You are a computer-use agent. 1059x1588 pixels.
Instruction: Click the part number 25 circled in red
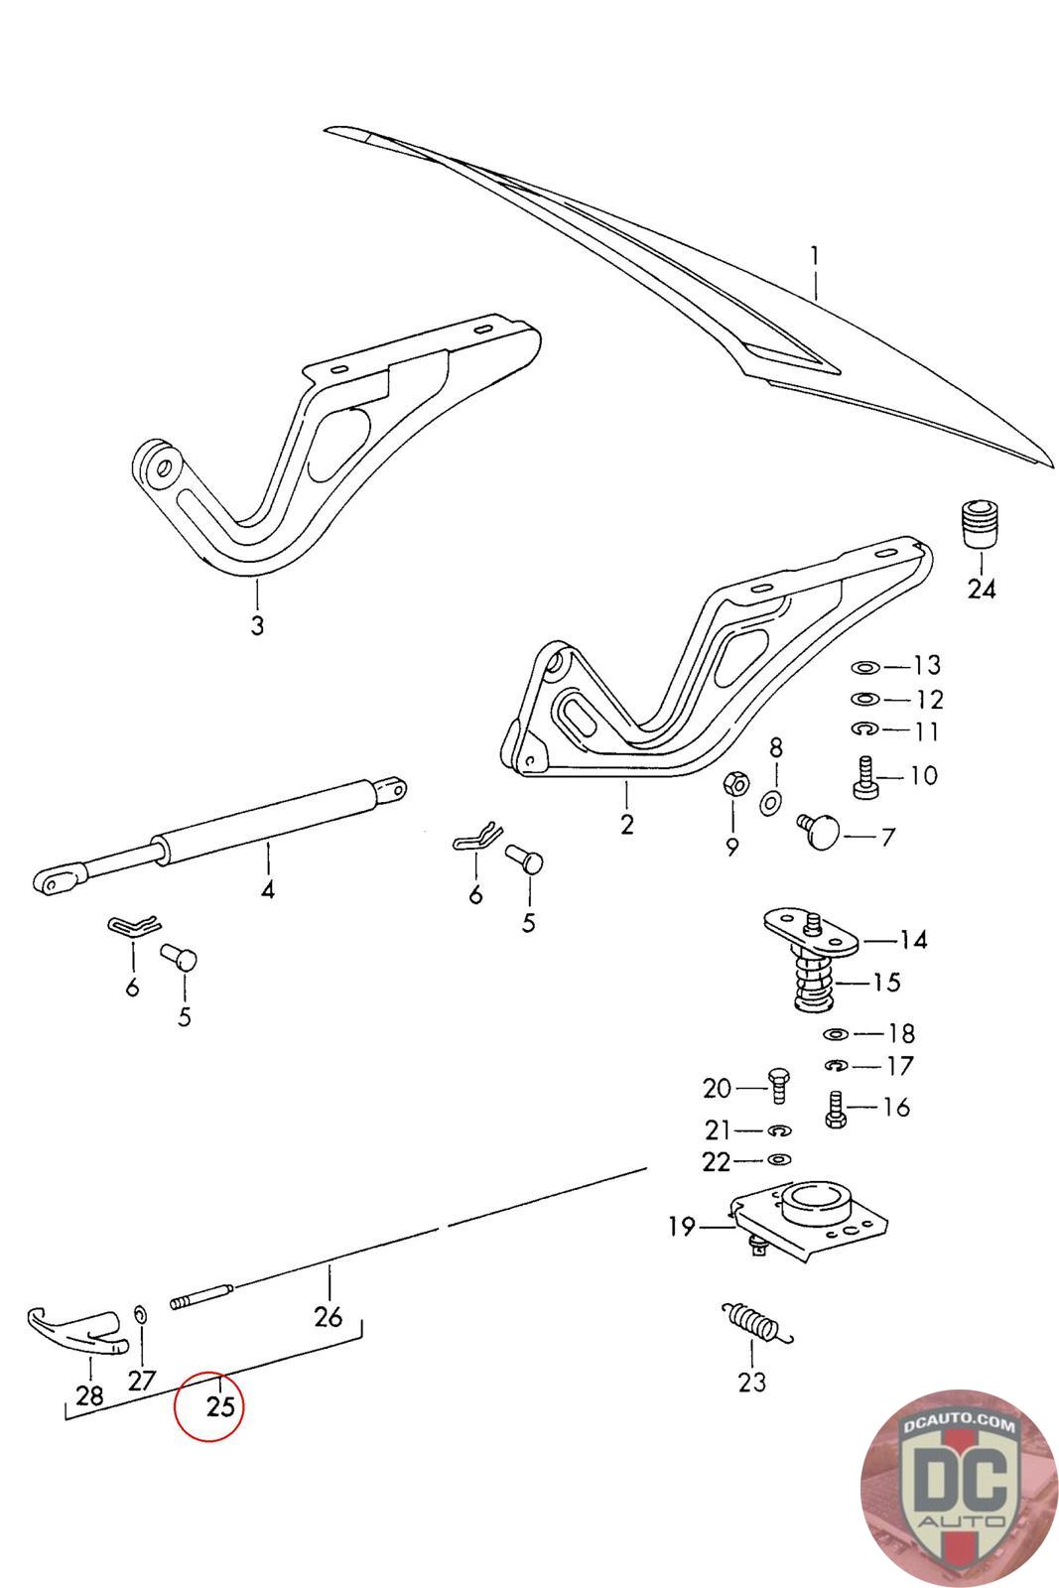point(219,1405)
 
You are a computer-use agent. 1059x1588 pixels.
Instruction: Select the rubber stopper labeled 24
point(981,524)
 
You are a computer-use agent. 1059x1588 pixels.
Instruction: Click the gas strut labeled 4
point(219,833)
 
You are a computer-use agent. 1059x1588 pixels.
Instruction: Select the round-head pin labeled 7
point(819,831)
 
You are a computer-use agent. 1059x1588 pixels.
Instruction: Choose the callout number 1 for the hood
point(815,255)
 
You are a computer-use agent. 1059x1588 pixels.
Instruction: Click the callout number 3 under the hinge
point(257,625)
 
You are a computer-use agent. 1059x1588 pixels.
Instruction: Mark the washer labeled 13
point(865,667)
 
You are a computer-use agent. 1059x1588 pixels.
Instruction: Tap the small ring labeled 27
point(140,1314)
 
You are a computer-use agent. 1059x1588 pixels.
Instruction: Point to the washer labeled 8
point(770,803)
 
